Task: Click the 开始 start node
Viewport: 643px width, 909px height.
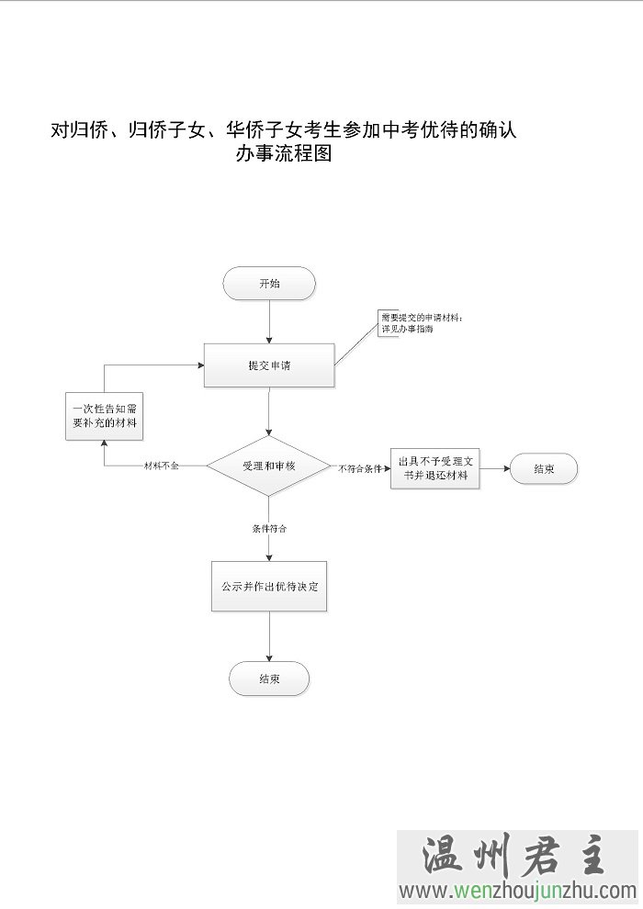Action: (269, 284)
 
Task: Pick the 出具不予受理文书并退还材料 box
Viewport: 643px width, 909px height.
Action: (434, 467)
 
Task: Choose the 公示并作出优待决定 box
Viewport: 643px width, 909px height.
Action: (269, 586)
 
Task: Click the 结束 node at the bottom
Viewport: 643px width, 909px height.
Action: (269, 679)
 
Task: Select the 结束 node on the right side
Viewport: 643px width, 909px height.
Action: (544, 468)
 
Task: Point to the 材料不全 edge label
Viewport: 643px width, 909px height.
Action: (162, 466)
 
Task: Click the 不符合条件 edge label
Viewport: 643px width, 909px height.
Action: (360, 468)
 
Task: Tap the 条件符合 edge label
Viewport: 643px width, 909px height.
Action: (269, 529)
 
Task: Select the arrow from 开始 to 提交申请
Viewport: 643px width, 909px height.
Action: (269, 321)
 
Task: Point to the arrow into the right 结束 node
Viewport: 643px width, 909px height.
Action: (494, 468)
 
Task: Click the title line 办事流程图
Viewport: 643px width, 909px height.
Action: (283, 154)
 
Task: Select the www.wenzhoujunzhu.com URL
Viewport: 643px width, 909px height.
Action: (517, 890)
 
